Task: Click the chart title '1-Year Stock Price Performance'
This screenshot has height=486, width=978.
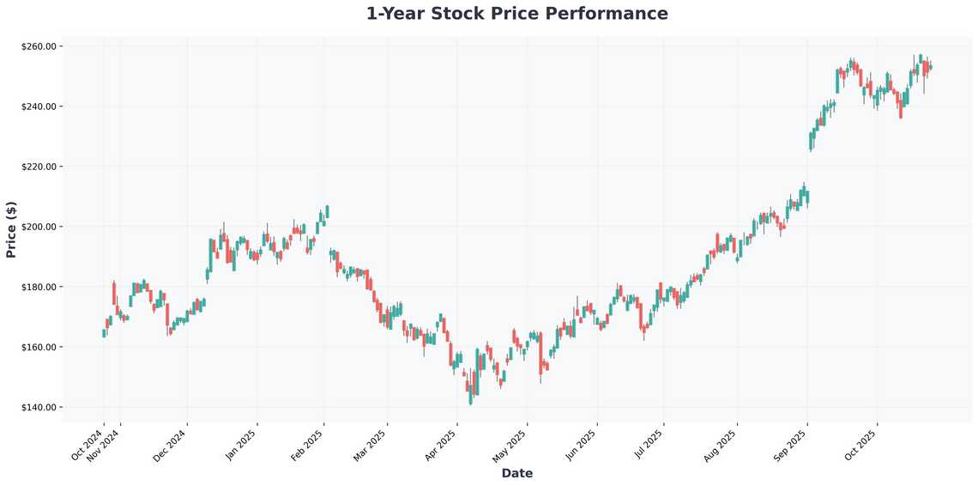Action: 516,14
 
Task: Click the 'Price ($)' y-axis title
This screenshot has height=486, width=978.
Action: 11,229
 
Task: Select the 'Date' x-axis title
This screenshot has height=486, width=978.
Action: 516,473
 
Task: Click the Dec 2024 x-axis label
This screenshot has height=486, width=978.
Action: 171,445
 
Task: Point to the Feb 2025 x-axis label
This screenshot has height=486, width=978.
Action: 308,445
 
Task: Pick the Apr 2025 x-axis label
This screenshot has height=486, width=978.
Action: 442,445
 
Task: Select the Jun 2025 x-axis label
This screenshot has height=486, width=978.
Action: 582,445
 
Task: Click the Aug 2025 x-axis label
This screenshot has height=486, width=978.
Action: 721,445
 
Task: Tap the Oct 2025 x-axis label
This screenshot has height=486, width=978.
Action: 860,445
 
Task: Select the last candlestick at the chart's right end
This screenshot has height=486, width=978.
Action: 931,67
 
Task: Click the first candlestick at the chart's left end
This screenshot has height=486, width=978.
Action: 104,333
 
